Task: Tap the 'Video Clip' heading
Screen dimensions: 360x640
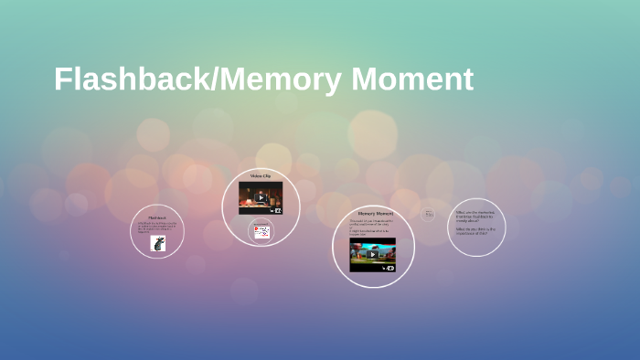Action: (x=261, y=175)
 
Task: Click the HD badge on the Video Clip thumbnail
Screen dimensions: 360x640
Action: (x=278, y=210)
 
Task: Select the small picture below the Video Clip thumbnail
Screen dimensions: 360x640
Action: (x=262, y=232)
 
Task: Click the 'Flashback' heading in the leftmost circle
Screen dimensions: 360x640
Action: (x=157, y=217)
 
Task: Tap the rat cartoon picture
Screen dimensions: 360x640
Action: (x=158, y=243)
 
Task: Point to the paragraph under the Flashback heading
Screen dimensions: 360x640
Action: (x=157, y=227)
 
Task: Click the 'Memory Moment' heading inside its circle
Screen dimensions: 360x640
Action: (x=373, y=213)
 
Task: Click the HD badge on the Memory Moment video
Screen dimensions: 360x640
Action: (x=389, y=268)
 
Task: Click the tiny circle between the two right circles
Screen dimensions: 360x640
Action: (x=428, y=214)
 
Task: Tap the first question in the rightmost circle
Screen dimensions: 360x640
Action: (x=475, y=216)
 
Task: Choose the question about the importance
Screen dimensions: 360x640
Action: (x=475, y=231)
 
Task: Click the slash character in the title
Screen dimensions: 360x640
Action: (x=216, y=79)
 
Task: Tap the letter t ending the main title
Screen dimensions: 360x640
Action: (x=467, y=80)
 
